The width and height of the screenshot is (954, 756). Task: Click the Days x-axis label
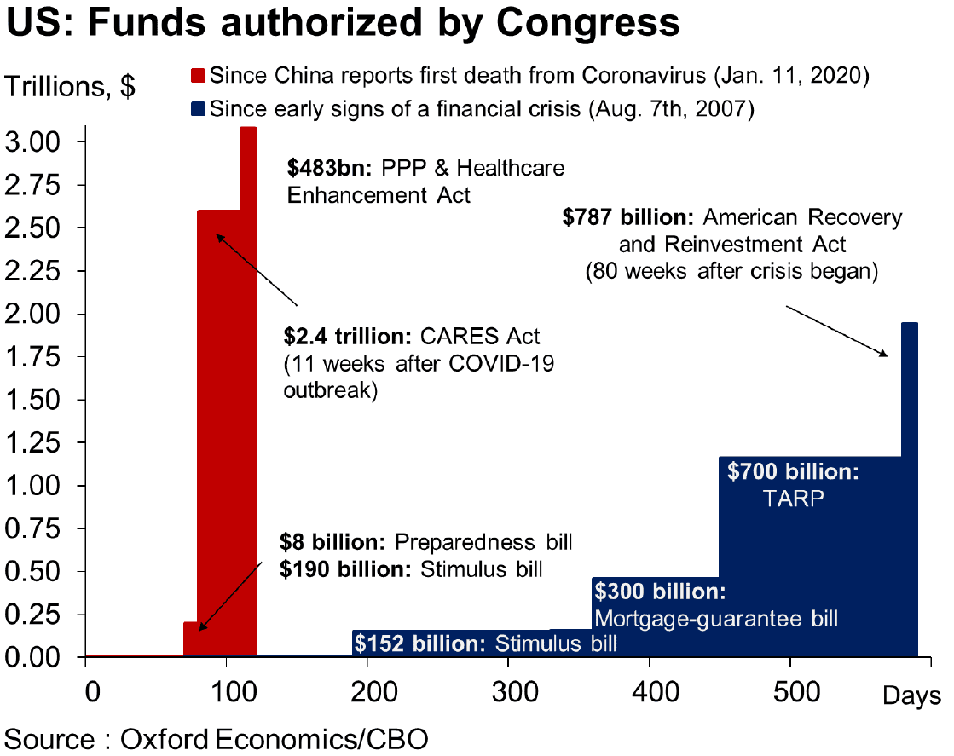click(x=911, y=696)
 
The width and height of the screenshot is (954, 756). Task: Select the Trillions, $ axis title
click(x=70, y=87)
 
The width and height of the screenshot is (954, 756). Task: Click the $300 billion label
click(x=659, y=591)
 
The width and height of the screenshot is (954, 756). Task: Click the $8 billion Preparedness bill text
click(x=425, y=543)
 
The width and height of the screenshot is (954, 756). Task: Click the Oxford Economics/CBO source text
click(x=274, y=737)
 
